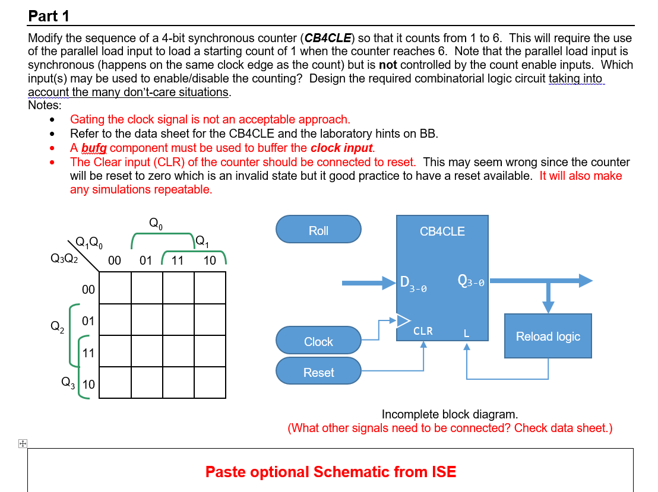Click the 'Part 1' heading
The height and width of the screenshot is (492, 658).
pos(49,16)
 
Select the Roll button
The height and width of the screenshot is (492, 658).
pos(318,231)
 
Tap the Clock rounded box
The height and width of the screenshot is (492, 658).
pos(318,342)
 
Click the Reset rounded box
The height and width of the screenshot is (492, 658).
pos(318,373)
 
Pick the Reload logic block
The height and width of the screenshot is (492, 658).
pos(548,337)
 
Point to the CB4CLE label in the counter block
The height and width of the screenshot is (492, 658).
pos(442,231)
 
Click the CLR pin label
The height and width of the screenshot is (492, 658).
pos(423,331)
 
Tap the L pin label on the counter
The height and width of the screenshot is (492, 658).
pos(466,333)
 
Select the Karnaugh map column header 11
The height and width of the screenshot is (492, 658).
pos(177,260)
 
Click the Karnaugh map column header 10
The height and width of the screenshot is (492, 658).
pos(209,260)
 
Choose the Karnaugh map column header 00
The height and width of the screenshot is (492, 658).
pos(115,260)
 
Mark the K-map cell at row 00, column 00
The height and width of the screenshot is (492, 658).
pos(115,288)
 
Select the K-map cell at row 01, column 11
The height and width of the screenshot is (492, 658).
pos(178,319)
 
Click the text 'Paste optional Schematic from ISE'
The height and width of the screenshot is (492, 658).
pos(331,472)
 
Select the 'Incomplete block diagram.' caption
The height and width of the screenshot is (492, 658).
pos(450,414)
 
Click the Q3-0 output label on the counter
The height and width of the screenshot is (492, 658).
pos(471,281)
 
